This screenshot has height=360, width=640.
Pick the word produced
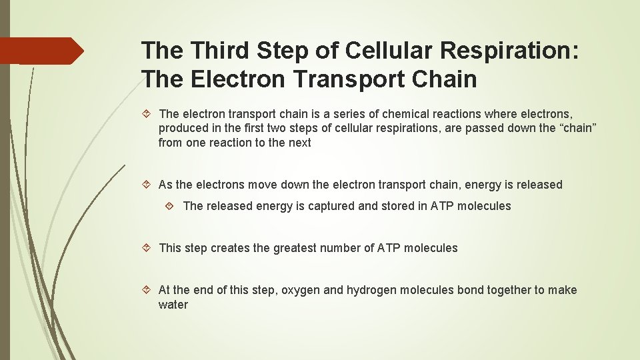coord(183,128)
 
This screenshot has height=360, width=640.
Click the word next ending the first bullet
coord(299,143)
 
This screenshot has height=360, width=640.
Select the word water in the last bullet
coord(173,305)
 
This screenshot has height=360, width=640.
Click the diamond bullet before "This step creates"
coord(147,248)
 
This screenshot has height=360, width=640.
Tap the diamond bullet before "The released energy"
coord(171,206)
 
